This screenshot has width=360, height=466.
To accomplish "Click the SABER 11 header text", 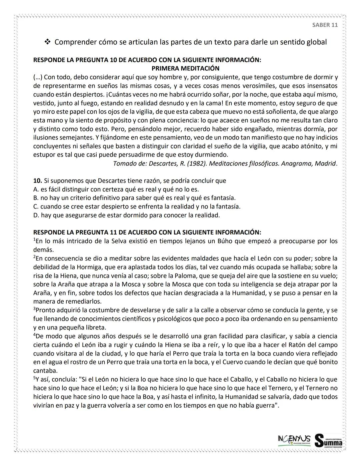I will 325,25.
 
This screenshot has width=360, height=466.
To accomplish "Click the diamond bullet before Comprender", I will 47,42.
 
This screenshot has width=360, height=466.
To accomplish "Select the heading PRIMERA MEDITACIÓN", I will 185,68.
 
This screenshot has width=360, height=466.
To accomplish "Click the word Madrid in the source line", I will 326,163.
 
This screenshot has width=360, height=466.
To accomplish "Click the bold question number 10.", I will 37,181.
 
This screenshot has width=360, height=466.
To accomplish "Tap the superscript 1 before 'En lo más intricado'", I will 34,240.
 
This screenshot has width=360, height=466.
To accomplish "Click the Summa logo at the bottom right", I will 328,441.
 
